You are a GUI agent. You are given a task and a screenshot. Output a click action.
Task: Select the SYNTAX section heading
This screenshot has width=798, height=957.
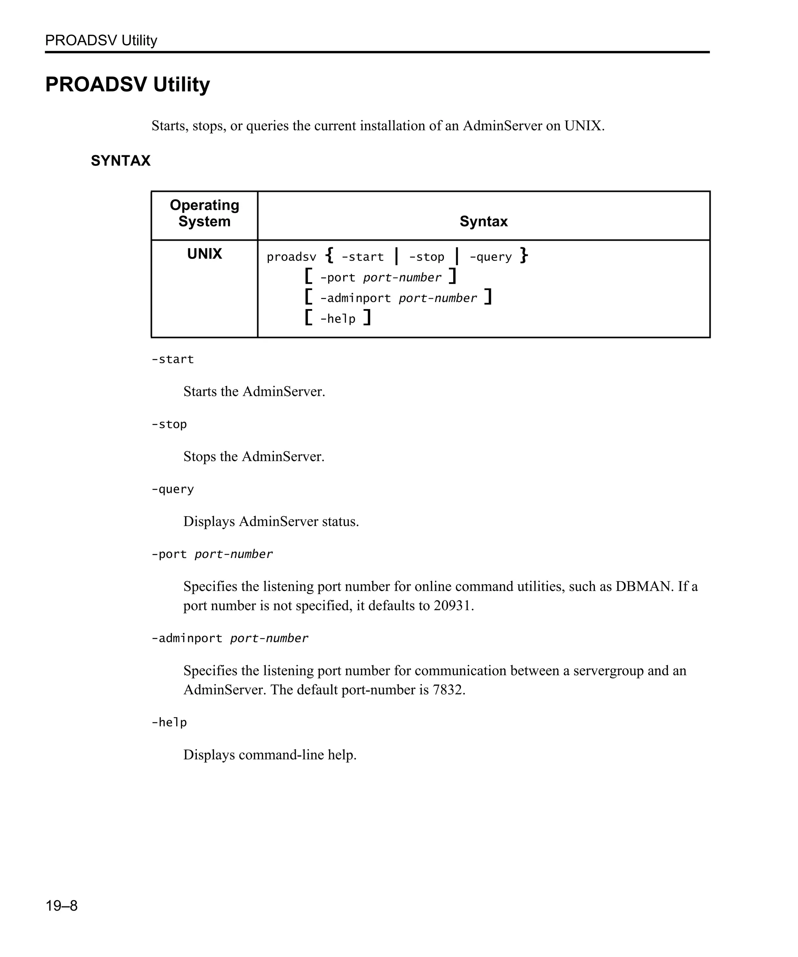pyautogui.click(x=120, y=161)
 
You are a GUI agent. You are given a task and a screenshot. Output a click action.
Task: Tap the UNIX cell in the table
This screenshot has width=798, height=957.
pyautogui.click(x=204, y=254)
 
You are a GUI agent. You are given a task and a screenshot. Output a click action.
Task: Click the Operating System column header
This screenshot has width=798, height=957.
pyautogui.click(x=204, y=213)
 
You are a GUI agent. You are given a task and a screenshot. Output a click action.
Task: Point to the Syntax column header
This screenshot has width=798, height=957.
pyautogui.click(x=484, y=222)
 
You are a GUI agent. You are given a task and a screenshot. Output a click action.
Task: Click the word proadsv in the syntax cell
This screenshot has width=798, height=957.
pyautogui.click(x=291, y=257)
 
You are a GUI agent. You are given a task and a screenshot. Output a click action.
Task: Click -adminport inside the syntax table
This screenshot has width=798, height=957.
pyautogui.click(x=355, y=299)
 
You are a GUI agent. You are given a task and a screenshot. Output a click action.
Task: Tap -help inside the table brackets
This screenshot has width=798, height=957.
pyautogui.click(x=337, y=319)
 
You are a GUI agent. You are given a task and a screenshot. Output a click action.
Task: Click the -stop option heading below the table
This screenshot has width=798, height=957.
pyautogui.click(x=169, y=424)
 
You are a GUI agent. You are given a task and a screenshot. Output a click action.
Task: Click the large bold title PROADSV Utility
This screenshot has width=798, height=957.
pyautogui.click(x=128, y=84)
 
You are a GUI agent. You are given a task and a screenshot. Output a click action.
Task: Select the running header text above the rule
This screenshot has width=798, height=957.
pyautogui.click(x=101, y=40)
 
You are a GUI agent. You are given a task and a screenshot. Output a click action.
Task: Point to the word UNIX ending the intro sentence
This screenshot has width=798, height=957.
pyautogui.click(x=584, y=126)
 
